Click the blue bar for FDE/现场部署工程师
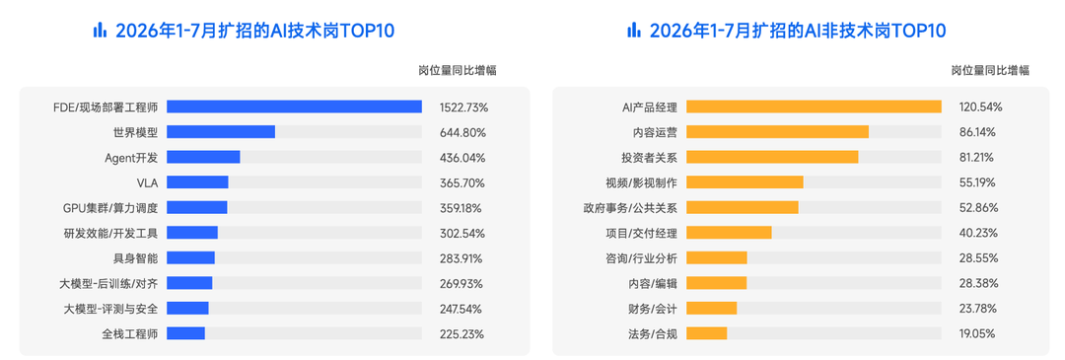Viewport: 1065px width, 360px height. coord(294,107)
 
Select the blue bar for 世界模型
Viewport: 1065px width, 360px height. coord(221,132)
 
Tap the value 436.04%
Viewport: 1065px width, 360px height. coord(462,158)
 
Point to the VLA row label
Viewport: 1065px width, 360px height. coord(147,182)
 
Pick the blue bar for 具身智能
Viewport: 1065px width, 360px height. coord(191,258)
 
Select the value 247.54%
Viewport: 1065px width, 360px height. coord(461,309)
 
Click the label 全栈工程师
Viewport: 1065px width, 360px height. coord(130,334)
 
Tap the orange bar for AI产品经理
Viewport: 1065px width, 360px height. coord(814,107)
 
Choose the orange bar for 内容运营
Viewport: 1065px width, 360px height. coord(778,132)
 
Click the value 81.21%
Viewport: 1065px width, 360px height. coord(976,158)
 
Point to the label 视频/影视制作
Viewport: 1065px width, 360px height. coord(641,182)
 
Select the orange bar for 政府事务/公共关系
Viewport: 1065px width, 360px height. coord(743,208)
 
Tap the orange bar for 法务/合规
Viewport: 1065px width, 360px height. coord(707,334)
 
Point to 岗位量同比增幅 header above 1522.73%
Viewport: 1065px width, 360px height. coord(458,70)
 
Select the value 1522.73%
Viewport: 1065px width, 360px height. coord(463,107)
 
